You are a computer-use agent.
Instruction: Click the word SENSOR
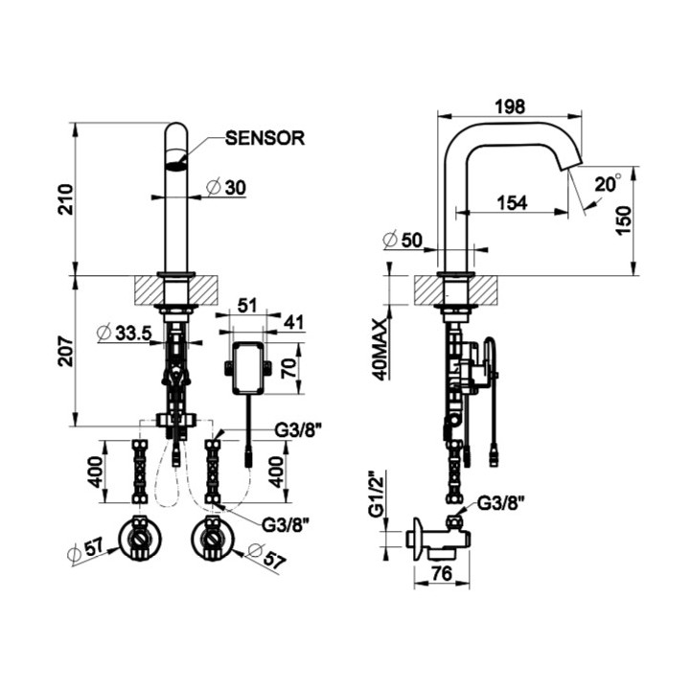pyautogui.click(x=264, y=138)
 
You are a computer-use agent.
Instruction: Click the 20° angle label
pyautogui.click(x=607, y=183)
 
